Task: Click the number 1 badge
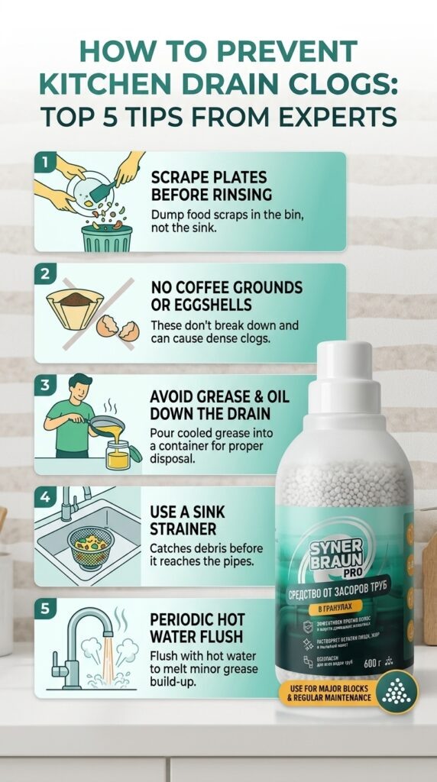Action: click(44, 162)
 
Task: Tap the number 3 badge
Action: click(45, 386)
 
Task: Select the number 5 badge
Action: click(45, 609)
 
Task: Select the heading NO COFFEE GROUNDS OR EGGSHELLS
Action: click(226, 295)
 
